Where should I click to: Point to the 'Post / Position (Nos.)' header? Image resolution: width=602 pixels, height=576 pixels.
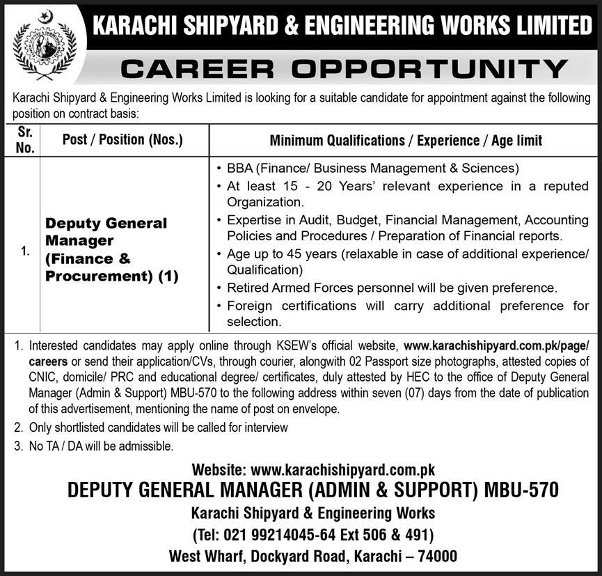(122, 140)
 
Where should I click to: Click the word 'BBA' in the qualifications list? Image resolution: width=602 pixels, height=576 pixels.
(240, 169)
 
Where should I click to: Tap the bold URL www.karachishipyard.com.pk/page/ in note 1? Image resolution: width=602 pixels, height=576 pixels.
(496, 345)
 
